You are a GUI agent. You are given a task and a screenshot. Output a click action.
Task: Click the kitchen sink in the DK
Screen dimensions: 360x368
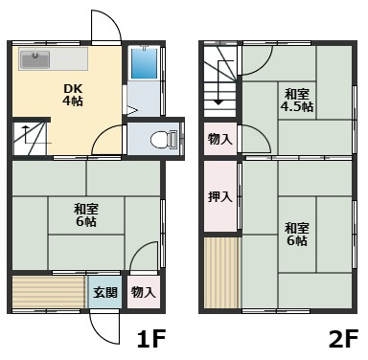36,59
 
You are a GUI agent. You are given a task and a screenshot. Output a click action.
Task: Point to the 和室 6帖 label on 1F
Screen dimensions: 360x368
85,214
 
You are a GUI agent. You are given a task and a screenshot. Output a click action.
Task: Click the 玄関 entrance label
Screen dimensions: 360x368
105,292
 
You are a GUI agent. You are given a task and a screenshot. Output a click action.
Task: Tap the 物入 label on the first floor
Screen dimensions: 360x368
143,292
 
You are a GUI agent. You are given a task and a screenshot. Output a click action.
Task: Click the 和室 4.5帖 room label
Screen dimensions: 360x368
296,101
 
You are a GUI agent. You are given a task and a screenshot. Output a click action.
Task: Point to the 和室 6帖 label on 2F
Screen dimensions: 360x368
296,234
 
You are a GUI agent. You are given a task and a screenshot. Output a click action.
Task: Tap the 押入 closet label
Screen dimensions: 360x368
219,197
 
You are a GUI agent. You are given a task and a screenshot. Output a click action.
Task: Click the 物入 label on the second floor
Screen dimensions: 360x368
219,140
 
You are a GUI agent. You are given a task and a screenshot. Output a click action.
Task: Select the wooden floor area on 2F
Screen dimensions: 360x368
219,272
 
